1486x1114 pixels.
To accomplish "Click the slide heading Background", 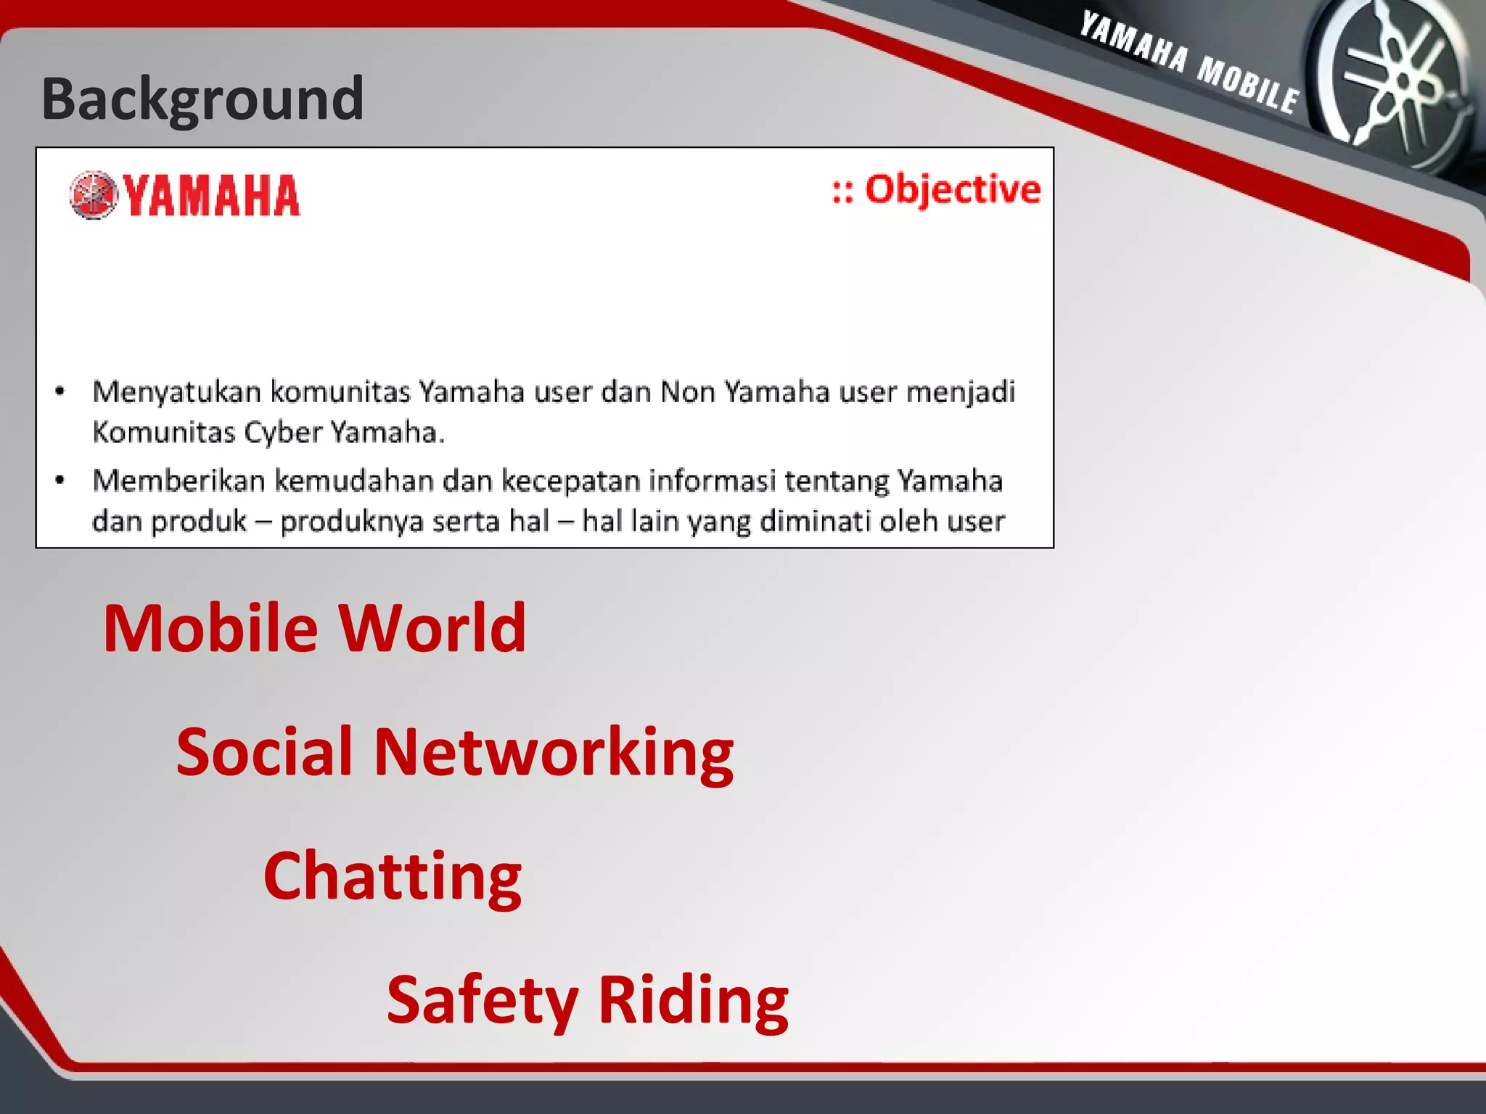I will coord(202,99).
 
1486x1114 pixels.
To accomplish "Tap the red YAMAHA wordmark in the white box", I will coord(210,196).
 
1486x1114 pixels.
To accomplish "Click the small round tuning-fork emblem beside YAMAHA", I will coord(93,195).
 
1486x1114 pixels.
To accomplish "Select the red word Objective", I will coord(952,190).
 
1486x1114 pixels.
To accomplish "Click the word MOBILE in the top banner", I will coord(1247,86).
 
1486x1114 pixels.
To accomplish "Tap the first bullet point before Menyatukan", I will coord(60,392).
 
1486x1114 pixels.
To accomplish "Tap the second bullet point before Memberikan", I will coord(60,480).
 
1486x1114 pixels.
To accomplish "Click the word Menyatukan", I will coord(176,392).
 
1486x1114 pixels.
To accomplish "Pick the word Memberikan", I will coord(178,481).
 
